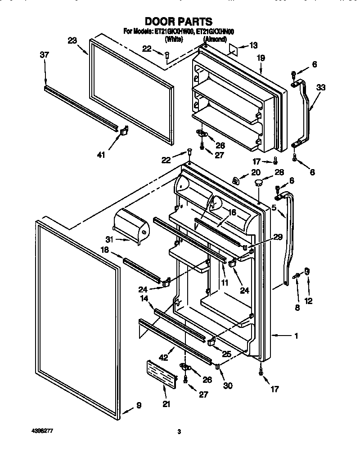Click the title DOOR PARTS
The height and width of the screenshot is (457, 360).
179,21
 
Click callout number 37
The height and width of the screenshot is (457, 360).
44,55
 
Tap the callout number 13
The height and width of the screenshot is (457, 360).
254,45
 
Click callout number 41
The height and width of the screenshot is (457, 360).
101,155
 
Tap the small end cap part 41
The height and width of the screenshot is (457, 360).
124,130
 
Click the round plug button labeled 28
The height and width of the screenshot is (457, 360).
259,183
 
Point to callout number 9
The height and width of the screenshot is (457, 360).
139,405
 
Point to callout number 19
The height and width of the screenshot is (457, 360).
261,58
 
